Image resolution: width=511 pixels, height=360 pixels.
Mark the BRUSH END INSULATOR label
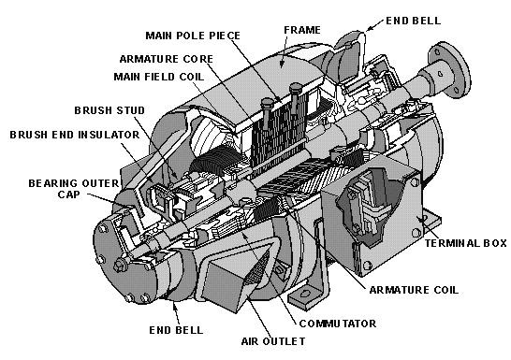(75, 135)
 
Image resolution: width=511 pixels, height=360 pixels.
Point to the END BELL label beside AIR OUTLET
(173, 329)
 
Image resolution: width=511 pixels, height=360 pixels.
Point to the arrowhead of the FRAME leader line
(282, 69)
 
